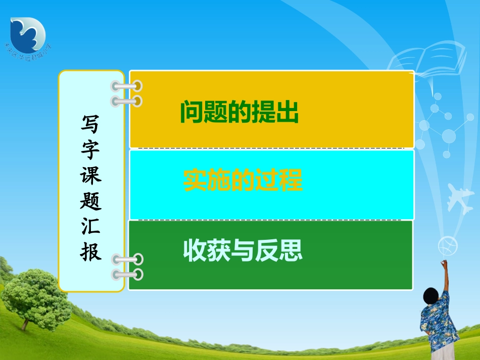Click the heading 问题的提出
239,113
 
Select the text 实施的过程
243,181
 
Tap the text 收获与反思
243,250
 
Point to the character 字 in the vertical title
91,150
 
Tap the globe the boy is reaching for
448,246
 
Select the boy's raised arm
445,278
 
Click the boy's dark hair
430,295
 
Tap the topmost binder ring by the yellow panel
126,86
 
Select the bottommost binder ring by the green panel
127,275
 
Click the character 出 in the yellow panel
287,113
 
